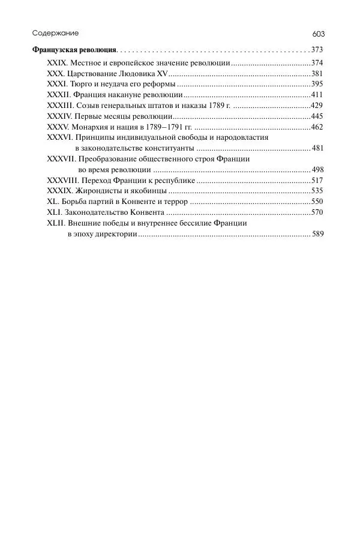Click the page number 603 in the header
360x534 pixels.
318,34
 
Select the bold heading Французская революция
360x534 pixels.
74,50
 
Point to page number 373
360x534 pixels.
318,50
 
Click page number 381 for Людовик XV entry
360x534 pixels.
318,74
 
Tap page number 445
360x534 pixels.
318,116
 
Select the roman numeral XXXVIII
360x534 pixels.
63,181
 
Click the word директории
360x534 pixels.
116,234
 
